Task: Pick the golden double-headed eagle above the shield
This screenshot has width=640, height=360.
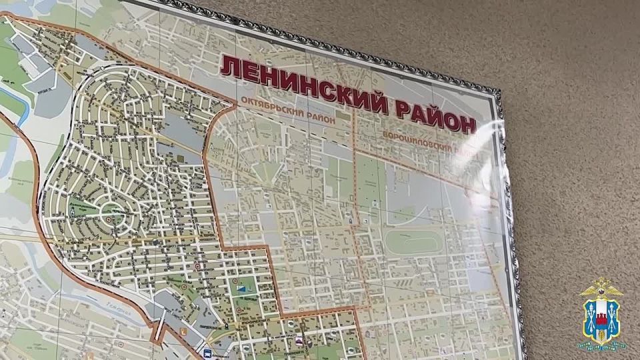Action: point(601,288)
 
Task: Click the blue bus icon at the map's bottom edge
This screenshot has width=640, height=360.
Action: point(207,353)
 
